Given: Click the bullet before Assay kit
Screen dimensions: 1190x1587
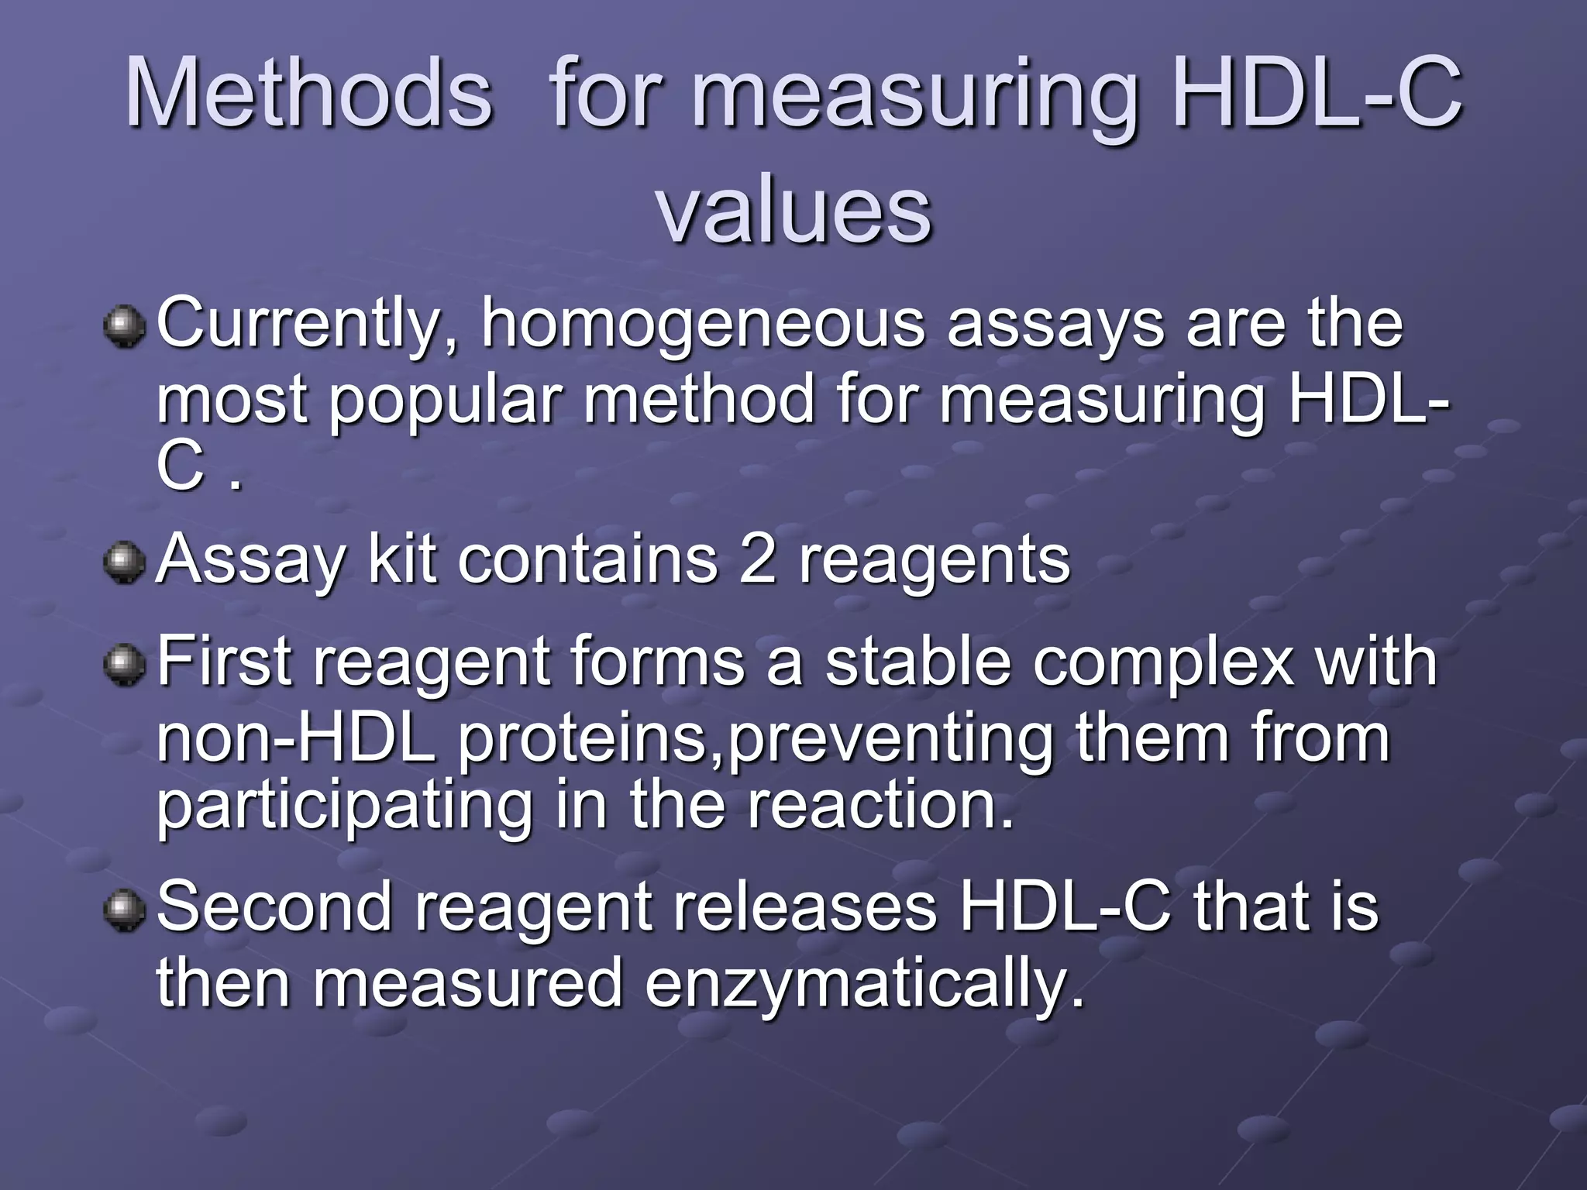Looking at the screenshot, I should coord(123,563).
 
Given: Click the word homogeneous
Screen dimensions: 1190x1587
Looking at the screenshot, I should coord(703,324).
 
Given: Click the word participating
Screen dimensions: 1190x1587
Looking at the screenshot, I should coord(345,806).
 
